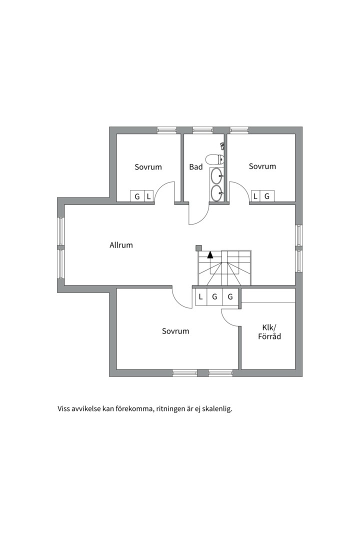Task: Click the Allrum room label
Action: pyautogui.click(x=121, y=245)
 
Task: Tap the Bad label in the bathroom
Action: pyautogui.click(x=195, y=167)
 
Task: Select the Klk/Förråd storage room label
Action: pyautogui.click(x=269, y=331)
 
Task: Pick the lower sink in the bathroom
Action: pyautogui.click(x=217, y=193)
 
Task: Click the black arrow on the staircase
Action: pyautogui.click(x=210, y=255)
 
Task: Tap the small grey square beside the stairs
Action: pyautogui.click(x=198, y=247)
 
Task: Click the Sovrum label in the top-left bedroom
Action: pyautogui.click(x=148, y=167)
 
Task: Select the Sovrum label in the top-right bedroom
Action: pyautogui.click(x=262, y=166)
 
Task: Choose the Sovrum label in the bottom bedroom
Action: pyautogui.click(x=175, y=331)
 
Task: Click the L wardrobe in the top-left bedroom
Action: pyautogui.click(x=149, y=196)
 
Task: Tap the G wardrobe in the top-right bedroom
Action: pyautogui.click(x=267, y=196)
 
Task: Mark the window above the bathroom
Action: pyautogui.click(x=202, y=130)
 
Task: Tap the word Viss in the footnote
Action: pyautogui.click(x=63, y=409)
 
